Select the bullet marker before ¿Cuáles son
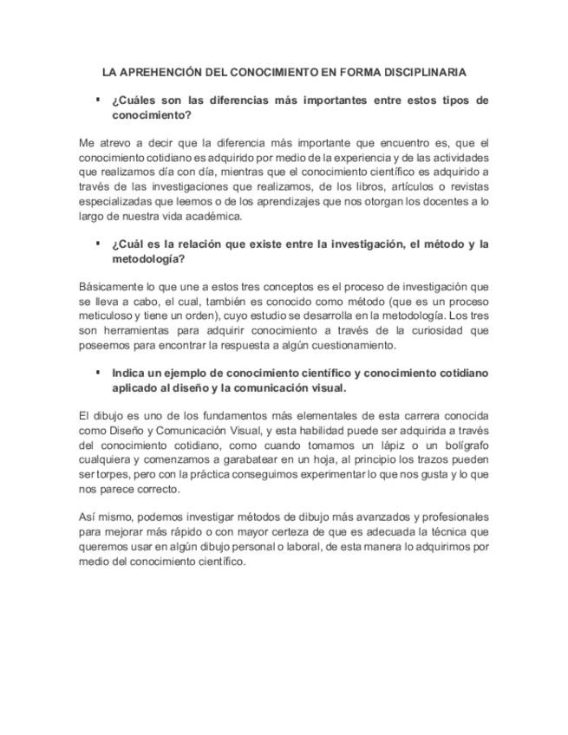click(98, 100)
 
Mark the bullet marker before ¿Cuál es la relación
click(98, 244)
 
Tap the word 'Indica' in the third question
click(129, 373)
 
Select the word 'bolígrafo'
click(466, 445)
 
